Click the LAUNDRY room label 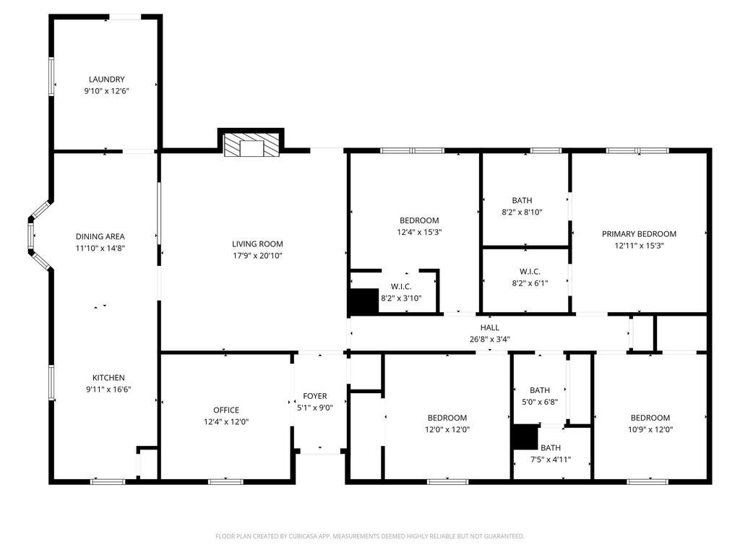[x=107, y=79]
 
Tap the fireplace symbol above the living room [x=251, y=145]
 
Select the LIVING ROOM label [x=257, y=244]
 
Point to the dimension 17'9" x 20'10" [x=257, y=256]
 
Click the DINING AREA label [x=100, y=236]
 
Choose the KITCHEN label [x=108, y=377]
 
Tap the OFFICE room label [x=226, y=410]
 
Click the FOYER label [x=315, y=396]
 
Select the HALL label [x=490, y=327]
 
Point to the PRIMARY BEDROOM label [x=639, y=233]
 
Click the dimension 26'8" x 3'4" [x=490, y=339]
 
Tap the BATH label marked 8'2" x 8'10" [x=522, y=201]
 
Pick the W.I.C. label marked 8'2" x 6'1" [x=530, y=272]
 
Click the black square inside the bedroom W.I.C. [x=363, y=301]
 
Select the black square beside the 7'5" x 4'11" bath [x=525, y=437]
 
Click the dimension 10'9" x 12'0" [x=650, y=429]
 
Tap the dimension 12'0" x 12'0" [x=447, y=429]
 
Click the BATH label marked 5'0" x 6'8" [x=540, y=390]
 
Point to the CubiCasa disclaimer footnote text [x=370, y=536]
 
